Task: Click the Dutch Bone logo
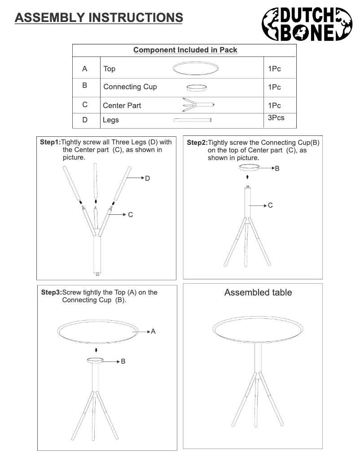click(x=307, y=24)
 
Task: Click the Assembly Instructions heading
click(x=98, y=17)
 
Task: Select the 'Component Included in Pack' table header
click(x=185, y=50)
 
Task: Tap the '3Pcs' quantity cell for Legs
click(x=276, y=118)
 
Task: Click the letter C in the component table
click(x=85, y=105)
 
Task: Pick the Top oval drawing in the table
click(x=196, y=69)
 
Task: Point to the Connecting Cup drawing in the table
click(x=196, y=87)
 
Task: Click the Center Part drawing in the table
click(x=198, y=105)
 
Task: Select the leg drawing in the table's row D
click(x=193, y=120)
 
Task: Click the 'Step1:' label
click(x=50, y=142)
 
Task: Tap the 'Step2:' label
click(x=197, y=142)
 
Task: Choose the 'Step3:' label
click(x=51, y=292)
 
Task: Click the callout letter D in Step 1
click(x=147, y=178)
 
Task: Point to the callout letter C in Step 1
click(x=130, y=215)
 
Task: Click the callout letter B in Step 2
click(x=277, y=169)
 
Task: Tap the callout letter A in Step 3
click(x=153, y=331)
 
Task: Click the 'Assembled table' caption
click(x=258, y=292)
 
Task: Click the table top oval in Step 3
click(x=97, y=331)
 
